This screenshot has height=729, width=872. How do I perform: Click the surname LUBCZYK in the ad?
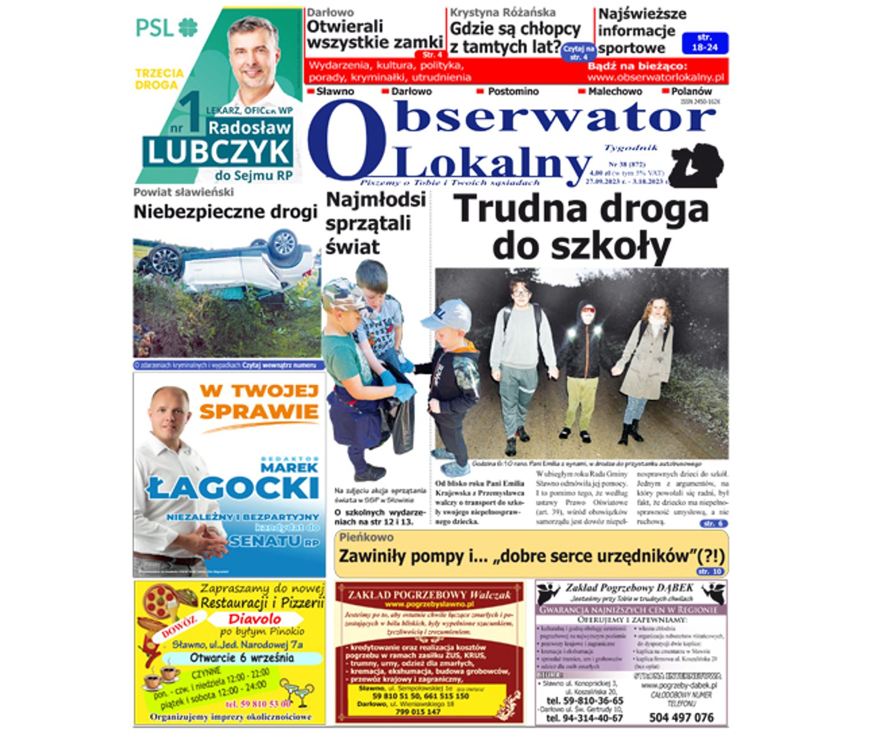(218, 152)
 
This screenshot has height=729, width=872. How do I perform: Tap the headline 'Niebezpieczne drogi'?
(225, 212)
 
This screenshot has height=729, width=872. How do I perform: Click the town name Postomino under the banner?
(513, 91)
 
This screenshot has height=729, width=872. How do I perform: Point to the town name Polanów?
(691, 91)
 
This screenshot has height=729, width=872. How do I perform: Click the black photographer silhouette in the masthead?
(696, 165)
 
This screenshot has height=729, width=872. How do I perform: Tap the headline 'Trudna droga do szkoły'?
(581, 227)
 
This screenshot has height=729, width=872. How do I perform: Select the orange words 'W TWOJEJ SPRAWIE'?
(259, 401)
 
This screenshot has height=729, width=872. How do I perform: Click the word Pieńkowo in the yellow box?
(366, 537)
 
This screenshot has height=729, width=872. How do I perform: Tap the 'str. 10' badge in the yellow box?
(711, 571)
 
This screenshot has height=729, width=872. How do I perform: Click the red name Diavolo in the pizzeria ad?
(255, 618)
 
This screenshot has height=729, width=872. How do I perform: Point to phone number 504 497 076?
(681, 717)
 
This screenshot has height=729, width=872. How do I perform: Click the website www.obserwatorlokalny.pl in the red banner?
(655, 78)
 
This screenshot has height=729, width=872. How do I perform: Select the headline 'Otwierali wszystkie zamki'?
(374, 34)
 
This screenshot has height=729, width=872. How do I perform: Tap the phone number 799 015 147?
(418, 712)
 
